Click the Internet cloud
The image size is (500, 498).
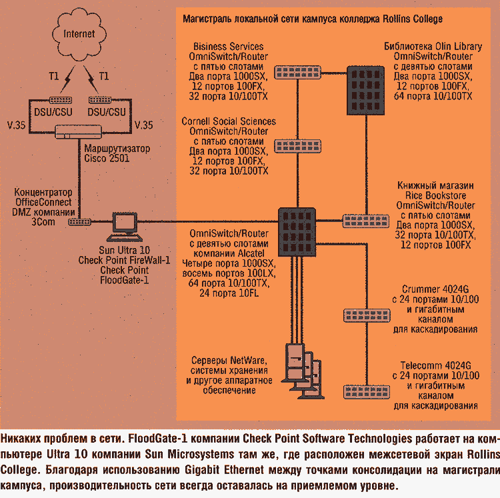tap(79, 33)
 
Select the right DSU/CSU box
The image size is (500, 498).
tap(107, 111)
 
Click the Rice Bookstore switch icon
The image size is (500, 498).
tap(360, 220)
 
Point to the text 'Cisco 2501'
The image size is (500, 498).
tap(106, 158)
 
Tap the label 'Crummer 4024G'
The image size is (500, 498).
tap(436, 289)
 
